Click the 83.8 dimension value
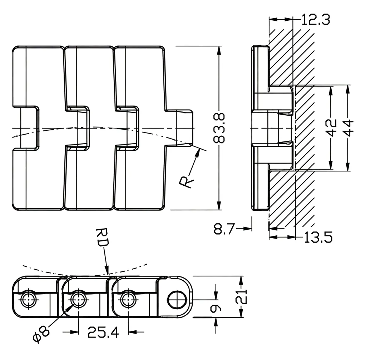click(219, 128)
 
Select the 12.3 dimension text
click(316, 19)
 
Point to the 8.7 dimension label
click(224, 229)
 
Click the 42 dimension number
click(331, 127)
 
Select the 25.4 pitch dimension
click(103, 332)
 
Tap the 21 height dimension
click(241, 296)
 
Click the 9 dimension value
click(216, 308)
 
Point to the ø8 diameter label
click(41, 335)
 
